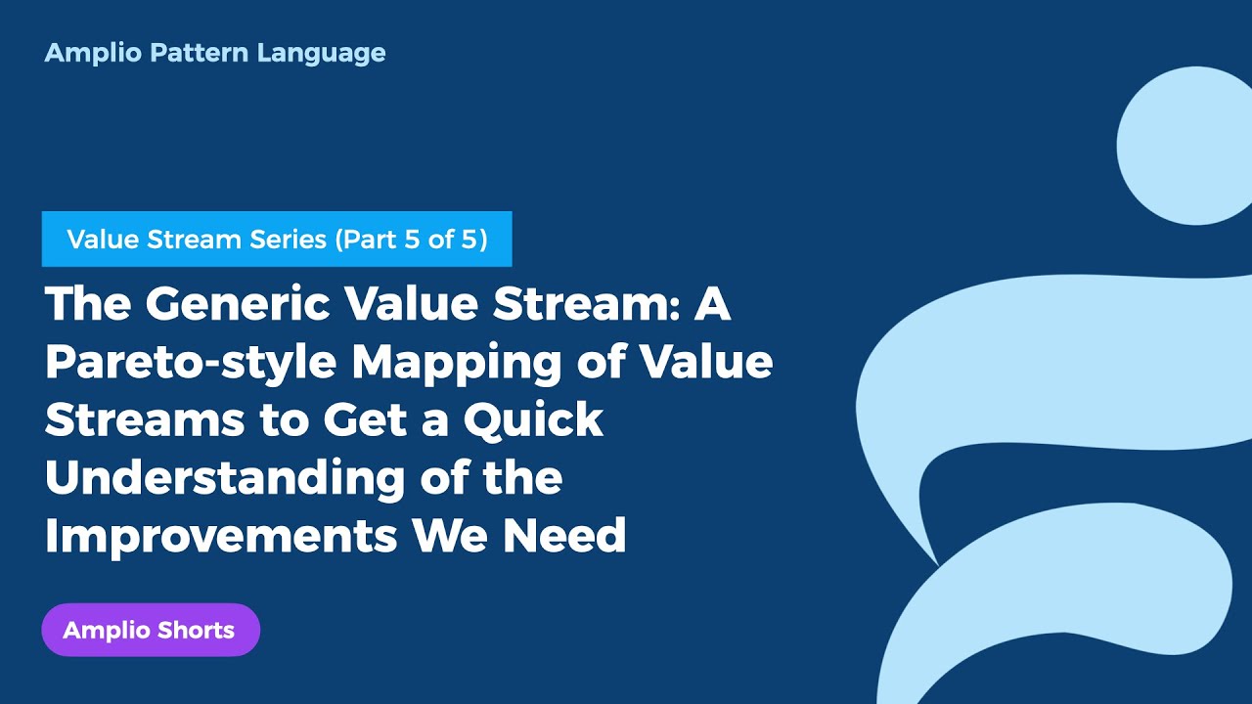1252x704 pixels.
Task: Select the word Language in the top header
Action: pos(322,53)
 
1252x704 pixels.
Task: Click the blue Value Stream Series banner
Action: pos(277,239)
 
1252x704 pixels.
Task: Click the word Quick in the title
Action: pos(533,420)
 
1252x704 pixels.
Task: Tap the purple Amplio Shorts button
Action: pos(151,630)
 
